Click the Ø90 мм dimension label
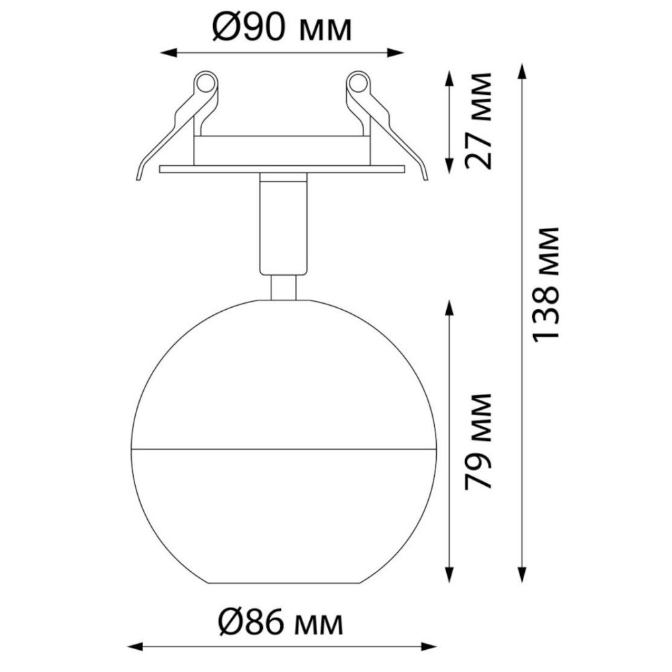(x=282, y=28)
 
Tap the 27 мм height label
(x=478, y=121)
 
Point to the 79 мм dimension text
(x=478, y=442)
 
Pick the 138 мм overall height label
(x=545, y=284)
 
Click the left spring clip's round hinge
(x=205, y=83)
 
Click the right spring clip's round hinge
(x=358, y=83)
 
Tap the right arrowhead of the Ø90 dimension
(x=395, y=53)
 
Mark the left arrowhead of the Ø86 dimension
(x=136, y=646)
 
